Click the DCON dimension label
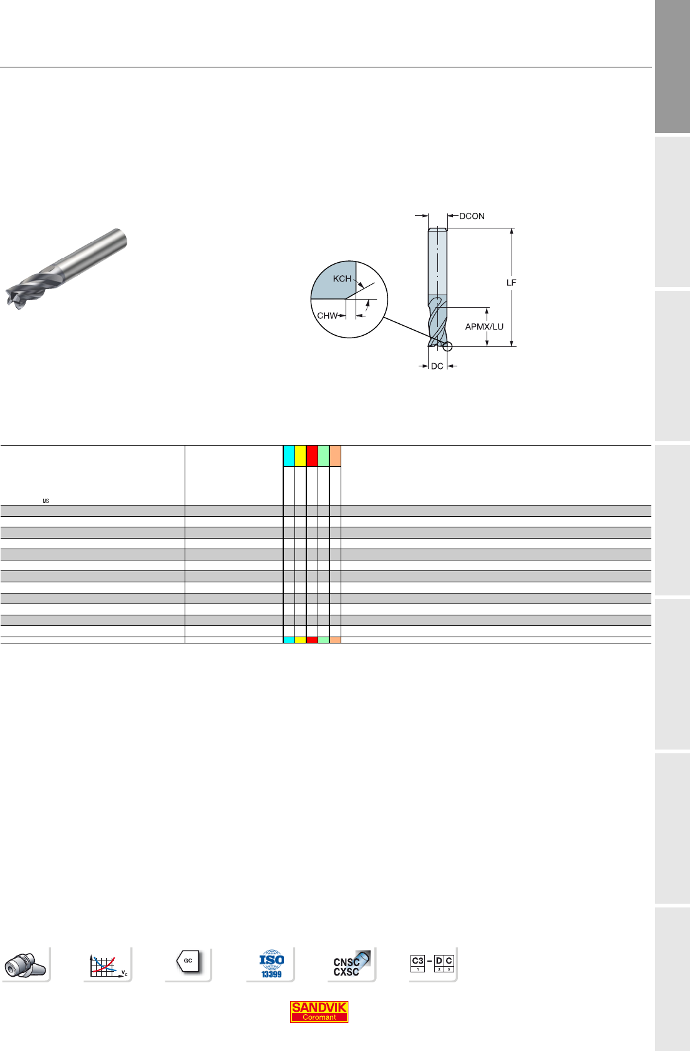(x=472, y=217)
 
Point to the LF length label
(x=512, y=283)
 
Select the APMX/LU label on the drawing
(x=484, y=326)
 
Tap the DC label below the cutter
(x=437, y=366)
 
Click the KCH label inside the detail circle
(x=342, y=279)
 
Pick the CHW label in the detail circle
(x=328, y=316)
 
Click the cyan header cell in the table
(x=289, y=456)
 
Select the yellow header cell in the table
(x=301, y=456)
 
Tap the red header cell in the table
(x=312, y=456)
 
